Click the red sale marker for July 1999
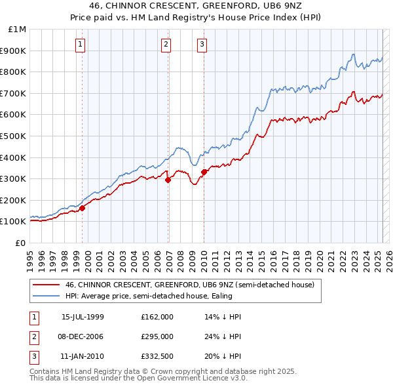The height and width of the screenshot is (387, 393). (83, 209)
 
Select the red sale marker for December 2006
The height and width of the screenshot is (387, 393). (168, 180)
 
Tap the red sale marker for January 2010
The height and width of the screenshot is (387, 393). (204, 172)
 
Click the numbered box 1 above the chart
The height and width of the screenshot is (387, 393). (80, 45)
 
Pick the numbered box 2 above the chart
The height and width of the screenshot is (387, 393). (166, 45)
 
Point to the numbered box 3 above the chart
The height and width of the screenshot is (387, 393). (202, 45)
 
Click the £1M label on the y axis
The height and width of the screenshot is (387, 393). (18, 30)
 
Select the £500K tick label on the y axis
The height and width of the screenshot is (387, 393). (14, 136)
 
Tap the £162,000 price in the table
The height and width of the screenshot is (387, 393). (157, 316)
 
